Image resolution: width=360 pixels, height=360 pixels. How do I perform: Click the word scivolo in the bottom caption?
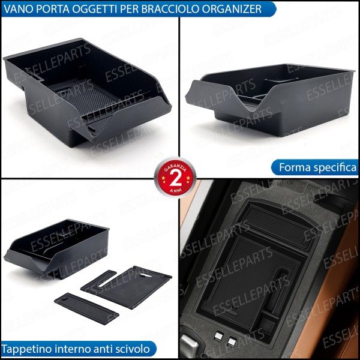pyautogui.click(x=134, y=349)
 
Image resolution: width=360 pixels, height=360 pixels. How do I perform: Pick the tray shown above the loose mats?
pyautogui.click(x=57, y=246)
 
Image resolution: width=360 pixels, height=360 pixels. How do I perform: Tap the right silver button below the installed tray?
pyautogui.click(x=232, y=343)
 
